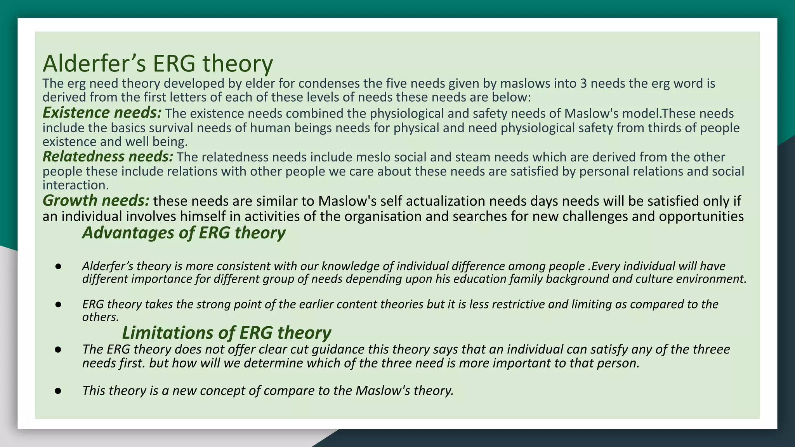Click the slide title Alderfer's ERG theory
[158, 63]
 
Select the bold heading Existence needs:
[102, 113]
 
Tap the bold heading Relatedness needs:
[108, 156]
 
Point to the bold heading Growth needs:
[95, 200]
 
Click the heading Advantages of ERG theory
[184, 232]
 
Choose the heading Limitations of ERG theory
[226, 333]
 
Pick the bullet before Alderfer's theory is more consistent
[58, 266]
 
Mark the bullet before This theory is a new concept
[58, 390]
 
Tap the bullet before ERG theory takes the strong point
[58, 304]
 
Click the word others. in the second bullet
[100, 317]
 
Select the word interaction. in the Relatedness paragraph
[76, 185]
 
